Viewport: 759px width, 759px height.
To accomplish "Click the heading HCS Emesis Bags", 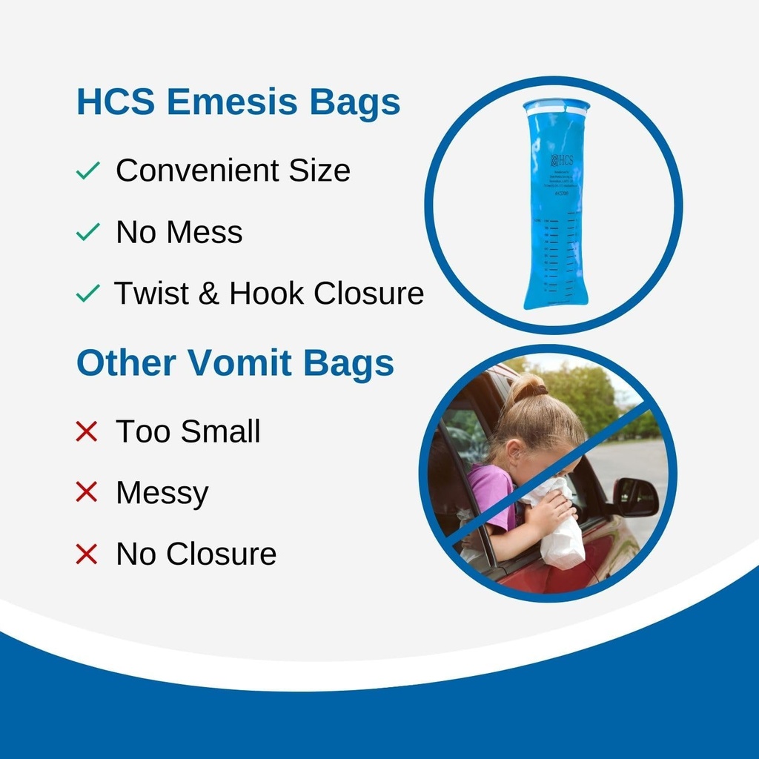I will click(238, 102).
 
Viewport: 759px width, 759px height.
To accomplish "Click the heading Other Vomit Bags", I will click(235, 363).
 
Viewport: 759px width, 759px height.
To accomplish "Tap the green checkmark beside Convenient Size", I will click(87, 172).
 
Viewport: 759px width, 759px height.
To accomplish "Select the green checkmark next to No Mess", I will click(87, 233).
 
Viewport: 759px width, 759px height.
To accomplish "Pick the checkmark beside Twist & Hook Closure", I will click(87, 294).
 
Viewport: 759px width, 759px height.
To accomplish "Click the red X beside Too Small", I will click(87, 431).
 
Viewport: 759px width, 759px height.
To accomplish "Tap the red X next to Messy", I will click(87, 492).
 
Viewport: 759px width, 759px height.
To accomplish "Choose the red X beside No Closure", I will click(87, 554).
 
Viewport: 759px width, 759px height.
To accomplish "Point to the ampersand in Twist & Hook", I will click(210, 294).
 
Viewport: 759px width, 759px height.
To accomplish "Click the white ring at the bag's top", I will click(556, 107).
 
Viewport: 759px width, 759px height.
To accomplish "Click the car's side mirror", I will click(635, 497).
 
